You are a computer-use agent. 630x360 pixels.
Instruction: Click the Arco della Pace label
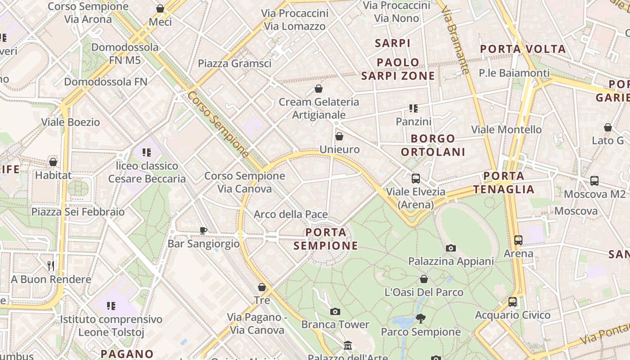291,214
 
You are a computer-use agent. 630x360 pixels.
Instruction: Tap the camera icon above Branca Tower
335,311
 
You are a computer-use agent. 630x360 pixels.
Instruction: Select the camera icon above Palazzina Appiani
450,248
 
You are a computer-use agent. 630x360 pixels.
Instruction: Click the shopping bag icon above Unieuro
339,136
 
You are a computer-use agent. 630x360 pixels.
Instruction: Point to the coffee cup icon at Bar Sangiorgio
203,230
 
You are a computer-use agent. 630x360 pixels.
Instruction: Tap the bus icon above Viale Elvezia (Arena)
415,178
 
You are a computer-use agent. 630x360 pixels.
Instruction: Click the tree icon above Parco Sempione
421,319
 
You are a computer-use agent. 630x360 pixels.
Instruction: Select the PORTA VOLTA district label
522,49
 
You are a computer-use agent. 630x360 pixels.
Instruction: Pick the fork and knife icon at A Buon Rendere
51,266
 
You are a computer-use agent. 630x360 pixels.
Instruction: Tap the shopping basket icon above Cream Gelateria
319,89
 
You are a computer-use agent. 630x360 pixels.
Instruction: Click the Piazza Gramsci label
234,63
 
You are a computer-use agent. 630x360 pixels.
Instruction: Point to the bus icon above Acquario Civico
512,302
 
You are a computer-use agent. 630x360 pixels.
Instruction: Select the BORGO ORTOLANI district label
434,145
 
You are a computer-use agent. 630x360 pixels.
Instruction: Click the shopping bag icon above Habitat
53,162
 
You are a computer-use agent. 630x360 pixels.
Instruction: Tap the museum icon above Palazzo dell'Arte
348,346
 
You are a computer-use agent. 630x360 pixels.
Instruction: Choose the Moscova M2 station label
594,194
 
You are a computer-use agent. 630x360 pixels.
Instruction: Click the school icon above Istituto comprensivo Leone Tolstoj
111,306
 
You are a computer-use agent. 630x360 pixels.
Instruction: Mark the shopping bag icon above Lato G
608,127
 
